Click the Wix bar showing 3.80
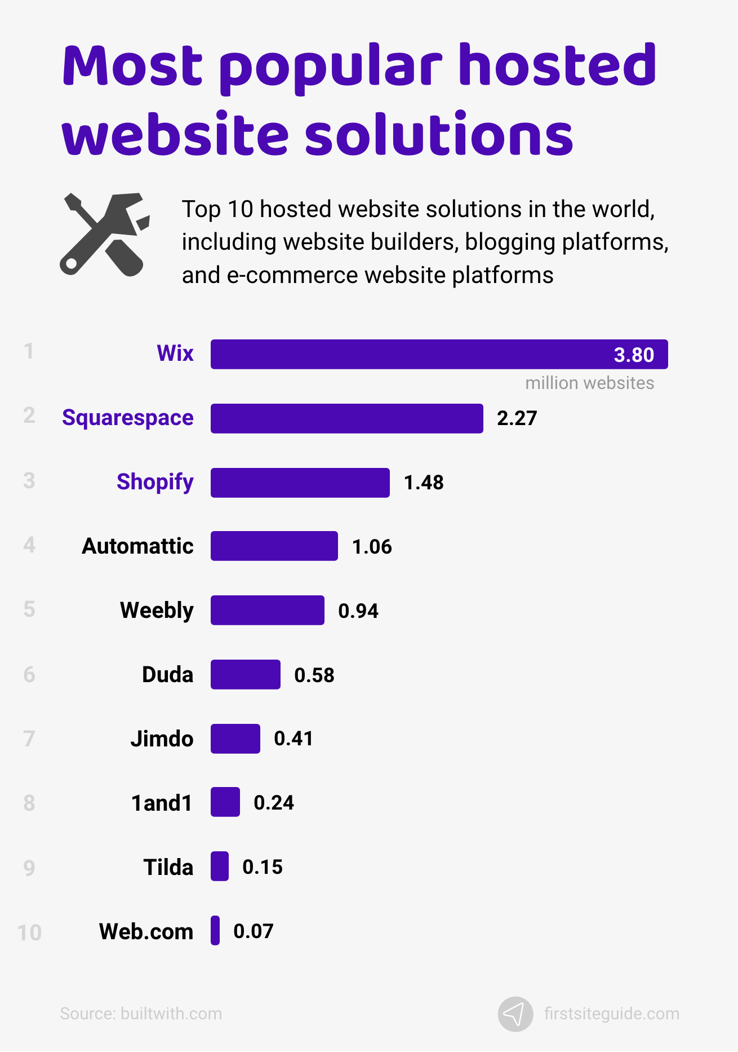439,355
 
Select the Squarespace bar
346,418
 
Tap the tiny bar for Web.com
215,931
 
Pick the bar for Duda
245,674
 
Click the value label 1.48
424,483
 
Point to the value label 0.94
358,611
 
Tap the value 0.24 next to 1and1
274,802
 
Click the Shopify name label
155,482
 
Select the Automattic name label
137,546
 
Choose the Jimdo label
162,739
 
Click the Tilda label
168,867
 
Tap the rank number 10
29,932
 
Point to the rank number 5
29,609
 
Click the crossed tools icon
105,235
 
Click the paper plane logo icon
515,1014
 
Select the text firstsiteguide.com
611,1014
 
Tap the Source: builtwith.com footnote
141,1014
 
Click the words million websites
589,383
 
